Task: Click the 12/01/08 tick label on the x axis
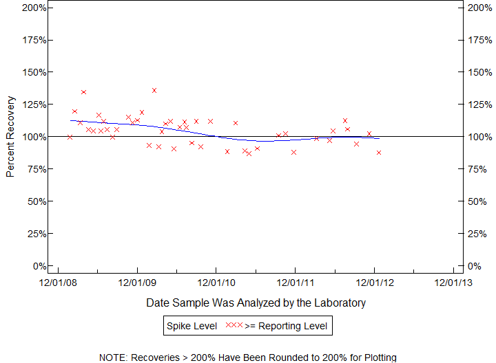[x=58, y=281]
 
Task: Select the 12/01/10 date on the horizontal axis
[x=216, y=281]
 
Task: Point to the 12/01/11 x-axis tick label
[x=296, y=281]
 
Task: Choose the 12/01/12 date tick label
[x=375, y=281]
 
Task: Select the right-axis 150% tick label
[x=477, y=72]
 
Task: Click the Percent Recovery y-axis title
[x=10, y=137]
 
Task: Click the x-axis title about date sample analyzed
[x=256, y=302]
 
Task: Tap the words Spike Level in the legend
[x=191, y=325]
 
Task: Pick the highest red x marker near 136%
[x=154, y=90]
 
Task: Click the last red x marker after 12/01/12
[x=379, y=153]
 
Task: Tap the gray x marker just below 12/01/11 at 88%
[x=294, y=152]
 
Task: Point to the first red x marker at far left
[x=70, y=137]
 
